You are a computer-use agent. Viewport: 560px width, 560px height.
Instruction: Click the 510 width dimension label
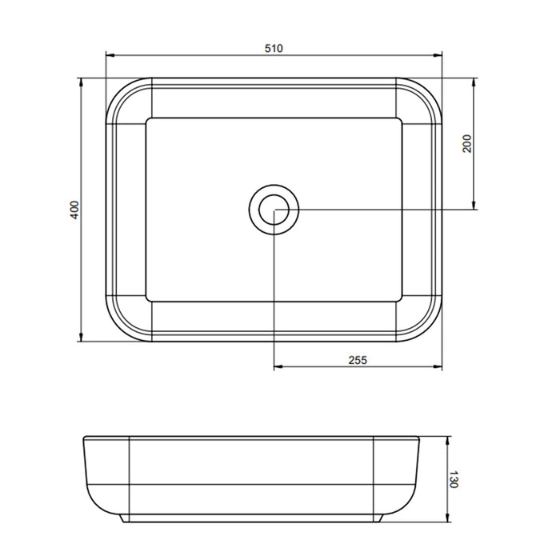point(274,48)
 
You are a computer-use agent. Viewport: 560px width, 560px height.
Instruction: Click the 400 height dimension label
point(74,210)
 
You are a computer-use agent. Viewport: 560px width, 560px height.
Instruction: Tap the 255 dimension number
point(358,360)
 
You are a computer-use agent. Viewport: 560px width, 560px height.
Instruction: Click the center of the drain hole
point(274,210)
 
